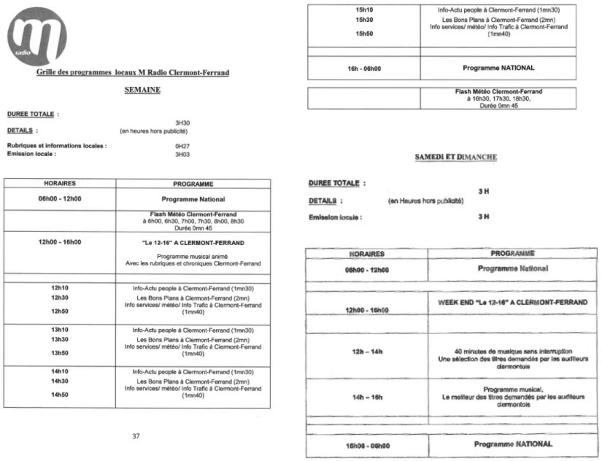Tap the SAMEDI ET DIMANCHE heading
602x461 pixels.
pyautogui.click(x=456, y=157)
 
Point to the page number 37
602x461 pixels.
pyautogui.click(x=136, y=435)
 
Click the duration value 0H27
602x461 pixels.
pyautogui.click(x=182, y=146)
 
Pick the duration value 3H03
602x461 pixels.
pyautogui.click(x=182, y=154)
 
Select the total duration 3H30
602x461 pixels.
pyautogui.click(x=182, y=123)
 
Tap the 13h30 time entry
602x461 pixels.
pyautogui.click(x=60, y=339)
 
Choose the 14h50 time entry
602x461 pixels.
pyautogui.click(x=60, y=395)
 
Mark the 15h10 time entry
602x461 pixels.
pyautogui.click(x=364, y=9)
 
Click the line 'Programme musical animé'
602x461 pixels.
pyautogui.click(x=192, y=257)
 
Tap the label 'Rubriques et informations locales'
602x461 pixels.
pyautogui.click(x=57, y=146)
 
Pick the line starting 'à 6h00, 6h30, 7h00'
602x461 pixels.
pyautogui.click(x=193, y=220)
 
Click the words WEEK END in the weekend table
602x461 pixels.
pyautogui.click(x=454, y=302)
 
